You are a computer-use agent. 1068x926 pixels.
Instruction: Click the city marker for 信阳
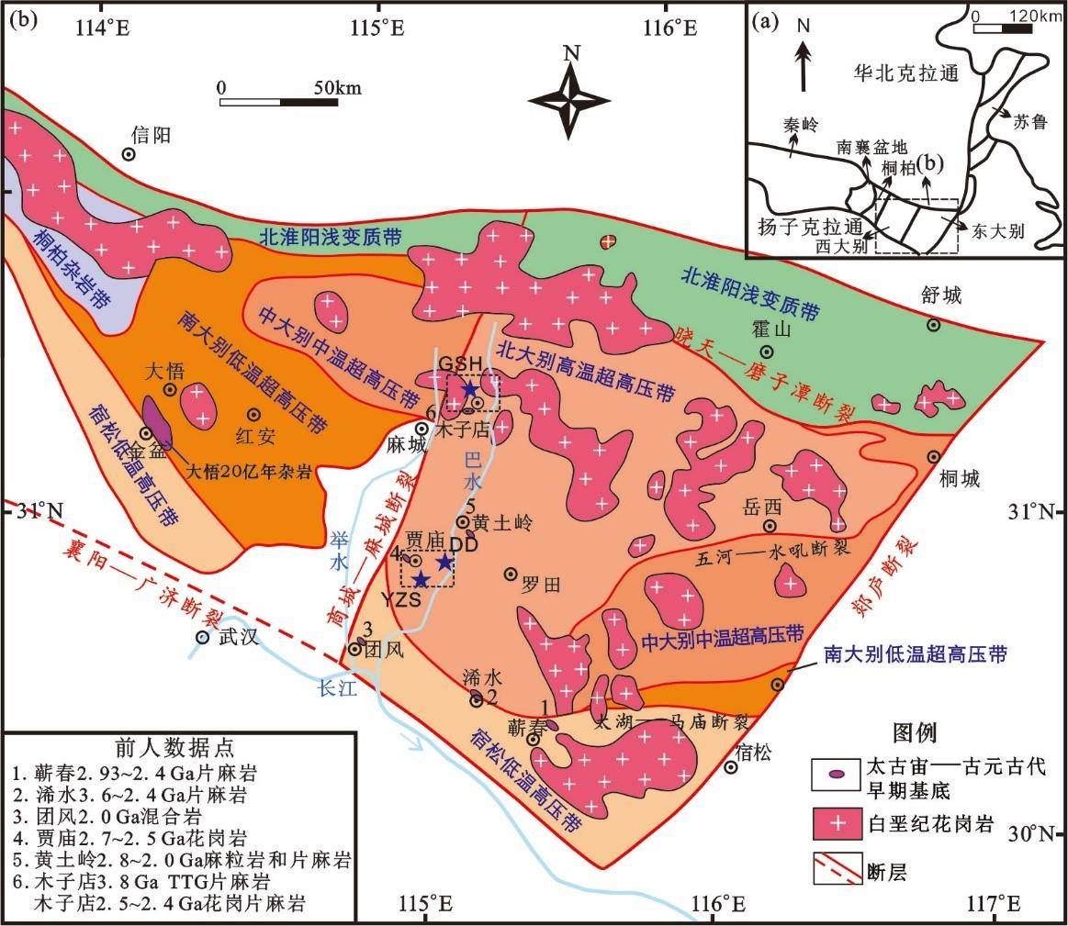coord(129,155)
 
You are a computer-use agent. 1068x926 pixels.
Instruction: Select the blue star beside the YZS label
coord(421,578)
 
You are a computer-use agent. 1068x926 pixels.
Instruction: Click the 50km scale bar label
coord(336,88)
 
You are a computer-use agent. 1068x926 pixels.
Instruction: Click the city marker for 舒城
coord(933,324)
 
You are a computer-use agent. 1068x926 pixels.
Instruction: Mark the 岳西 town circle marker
coord(770,526)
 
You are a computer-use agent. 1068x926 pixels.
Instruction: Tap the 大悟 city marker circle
coord(171,390)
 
